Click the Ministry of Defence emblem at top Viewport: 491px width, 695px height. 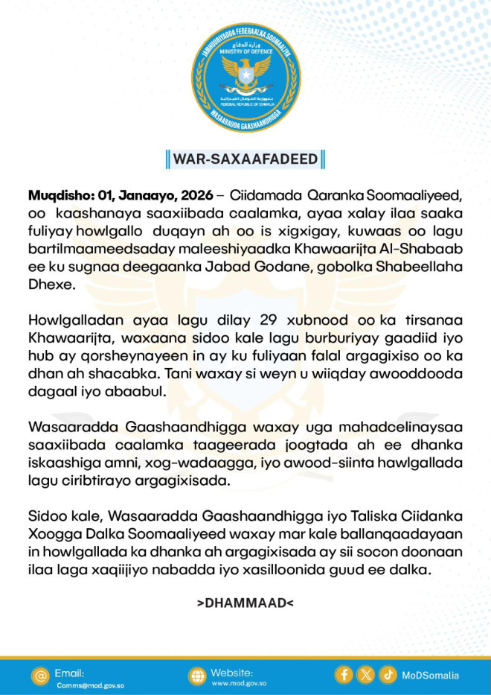pyautogui.click(x=245, y=77)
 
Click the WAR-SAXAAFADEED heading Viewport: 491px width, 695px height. pyautogui.click(x=245, y=159)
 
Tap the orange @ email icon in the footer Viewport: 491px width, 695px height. pyautogui.click(x=41, y=676)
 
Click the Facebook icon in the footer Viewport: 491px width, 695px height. pyautogui.click(x=344, y=675)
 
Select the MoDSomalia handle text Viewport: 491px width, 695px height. pyautogui.click(x=431, y=676)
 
